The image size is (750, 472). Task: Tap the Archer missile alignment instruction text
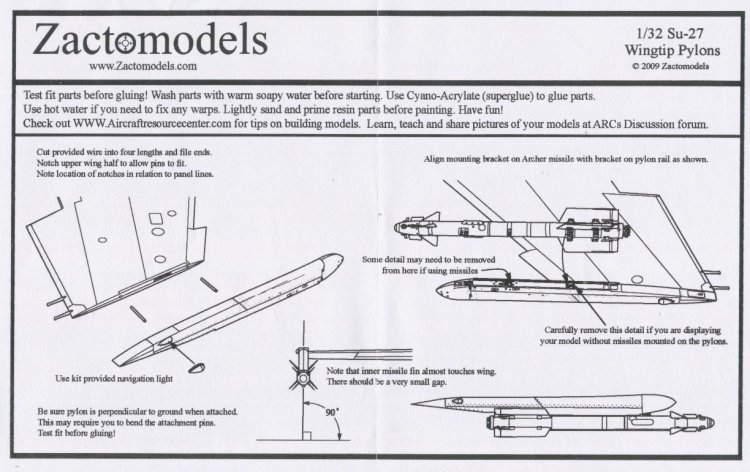(x=560, y=160)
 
